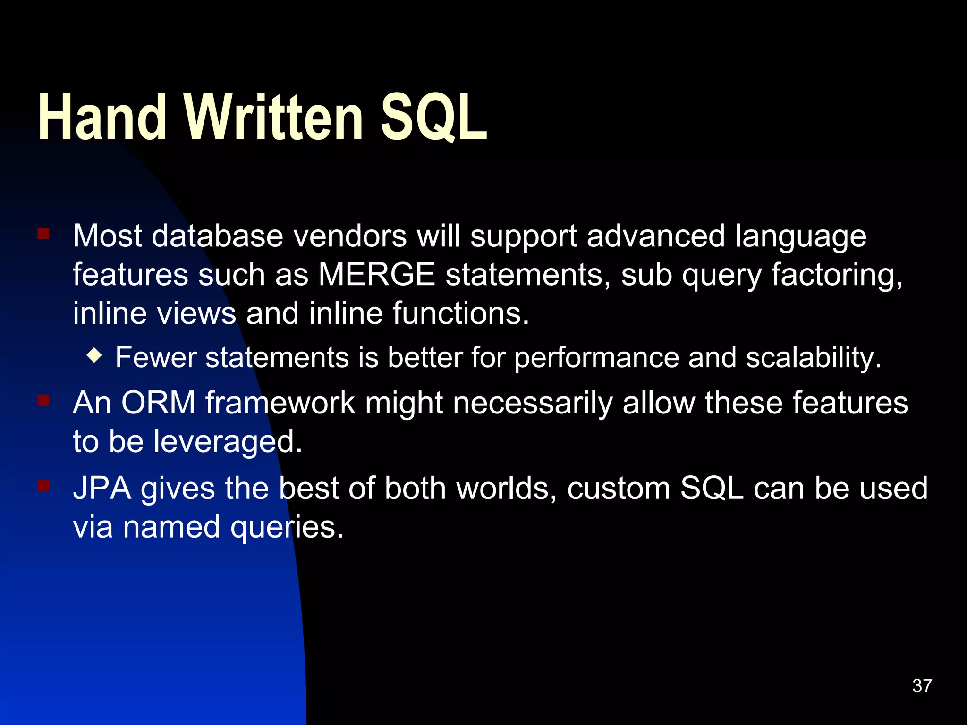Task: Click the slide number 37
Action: coord(922,686)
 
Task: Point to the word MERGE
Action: coord(376,275)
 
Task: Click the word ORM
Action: coord(158,403)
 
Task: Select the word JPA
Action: coord(102,488)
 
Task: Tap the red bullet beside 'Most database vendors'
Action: coord(43,234)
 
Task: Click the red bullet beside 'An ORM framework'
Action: coord(43,401)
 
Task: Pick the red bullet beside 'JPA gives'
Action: coord(43,486)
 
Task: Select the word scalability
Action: coord(813,358)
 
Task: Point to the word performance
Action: coord(596,358)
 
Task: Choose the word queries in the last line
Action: coord(286,528)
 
